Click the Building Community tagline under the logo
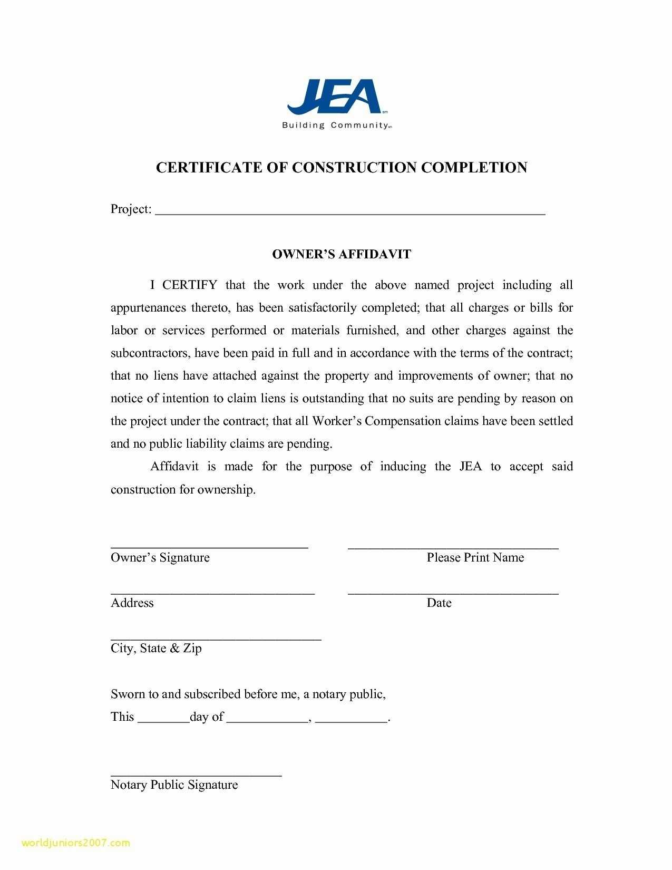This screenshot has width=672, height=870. point(336,125)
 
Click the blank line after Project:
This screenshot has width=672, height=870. point(350,212)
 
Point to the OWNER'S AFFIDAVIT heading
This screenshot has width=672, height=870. point(341,254)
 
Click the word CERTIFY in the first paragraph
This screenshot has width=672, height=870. point(189,285)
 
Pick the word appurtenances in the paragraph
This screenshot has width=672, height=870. point(148,308)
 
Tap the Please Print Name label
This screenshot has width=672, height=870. point(475,558)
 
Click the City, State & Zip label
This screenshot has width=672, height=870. point(156,649)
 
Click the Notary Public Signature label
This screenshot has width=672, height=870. point(174,785)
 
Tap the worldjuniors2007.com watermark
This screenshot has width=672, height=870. point(76,843)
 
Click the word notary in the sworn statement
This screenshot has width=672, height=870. point(328,694)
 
